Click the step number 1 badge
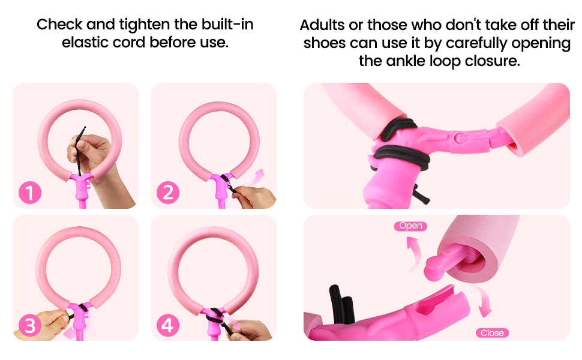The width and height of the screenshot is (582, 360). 30,192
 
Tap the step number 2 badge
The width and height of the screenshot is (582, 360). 168,193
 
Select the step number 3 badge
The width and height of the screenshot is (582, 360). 30,325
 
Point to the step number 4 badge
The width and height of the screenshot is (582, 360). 168,325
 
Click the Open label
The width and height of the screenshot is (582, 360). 410,226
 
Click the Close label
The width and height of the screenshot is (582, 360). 492,333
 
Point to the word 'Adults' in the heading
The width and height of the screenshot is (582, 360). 322,25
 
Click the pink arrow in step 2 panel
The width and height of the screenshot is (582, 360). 256,176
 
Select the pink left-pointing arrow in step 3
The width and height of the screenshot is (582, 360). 71,333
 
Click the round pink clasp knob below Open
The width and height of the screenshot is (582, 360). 434,268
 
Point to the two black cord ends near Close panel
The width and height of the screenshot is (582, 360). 342,304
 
